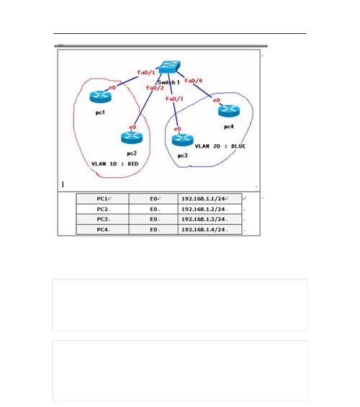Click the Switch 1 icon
click(169, 67)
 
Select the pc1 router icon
click(100, 97)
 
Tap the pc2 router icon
click(132, 138)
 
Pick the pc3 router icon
click(183, 140)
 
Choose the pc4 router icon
click(229, 111)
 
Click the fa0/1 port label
click(146, 73)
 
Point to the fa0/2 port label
click(155, 88)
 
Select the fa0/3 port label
click(174, 99)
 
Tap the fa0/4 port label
click(193, 81)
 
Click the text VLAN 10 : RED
click(115, 164)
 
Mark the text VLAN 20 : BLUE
click(220, 146)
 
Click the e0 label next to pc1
click(112, 88)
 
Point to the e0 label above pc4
click(217, 100)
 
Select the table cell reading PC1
click(102, 199)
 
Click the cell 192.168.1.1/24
click(210, 199)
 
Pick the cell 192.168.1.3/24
click(210, 219)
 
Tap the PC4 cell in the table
click(102, 230)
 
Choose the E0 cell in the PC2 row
click(153, 209)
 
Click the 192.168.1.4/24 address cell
click(210, 230)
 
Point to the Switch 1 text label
click(168, 83)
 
